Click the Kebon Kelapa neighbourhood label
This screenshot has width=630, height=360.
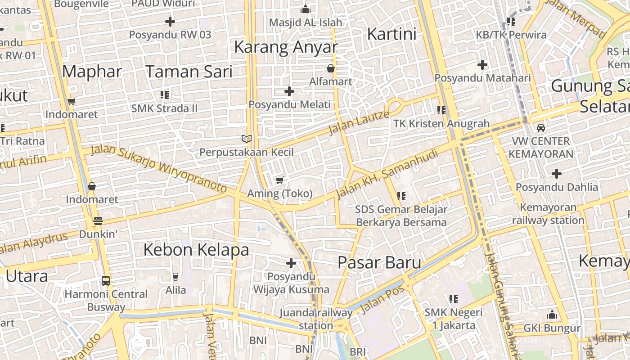pos(196,249)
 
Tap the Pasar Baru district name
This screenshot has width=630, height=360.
pos(379,262)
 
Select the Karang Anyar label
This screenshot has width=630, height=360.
pos(286,47)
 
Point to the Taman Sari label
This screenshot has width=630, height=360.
pos(189,72)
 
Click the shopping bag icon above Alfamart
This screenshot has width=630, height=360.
pos(331,68)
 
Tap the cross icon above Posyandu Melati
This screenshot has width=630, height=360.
pos(289,91)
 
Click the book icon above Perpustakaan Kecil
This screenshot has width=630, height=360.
pos(246,139)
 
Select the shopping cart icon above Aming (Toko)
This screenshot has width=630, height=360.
pos(279,180)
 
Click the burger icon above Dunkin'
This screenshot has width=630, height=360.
pos(98,221)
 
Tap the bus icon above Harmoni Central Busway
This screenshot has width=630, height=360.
pos(106,281)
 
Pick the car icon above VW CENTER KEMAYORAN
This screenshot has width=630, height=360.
pos(541,127)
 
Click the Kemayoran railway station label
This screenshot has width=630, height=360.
pos(548,214)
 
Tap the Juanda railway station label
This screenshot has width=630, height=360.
pos(316,319)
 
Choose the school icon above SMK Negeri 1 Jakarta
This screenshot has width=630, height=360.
pos(453,299)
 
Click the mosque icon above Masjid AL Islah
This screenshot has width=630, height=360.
pos(306,9)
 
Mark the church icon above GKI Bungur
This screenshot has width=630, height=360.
pos(552,315)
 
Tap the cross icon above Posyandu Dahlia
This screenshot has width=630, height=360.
pos(557,173)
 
